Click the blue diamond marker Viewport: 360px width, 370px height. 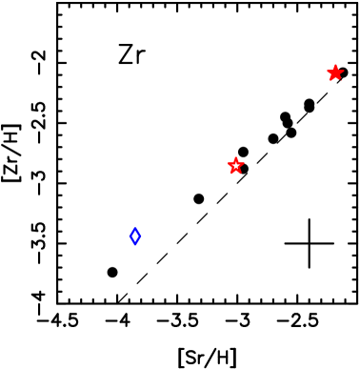coord(135,236)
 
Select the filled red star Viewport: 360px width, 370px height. coord(335,73)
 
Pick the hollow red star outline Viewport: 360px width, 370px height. coord(236,166)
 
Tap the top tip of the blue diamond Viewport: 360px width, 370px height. coord(135,227)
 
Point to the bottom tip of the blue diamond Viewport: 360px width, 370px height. coord(135,245)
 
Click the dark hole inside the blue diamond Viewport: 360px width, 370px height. coord(135,236)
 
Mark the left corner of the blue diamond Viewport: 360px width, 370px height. coord(130,236)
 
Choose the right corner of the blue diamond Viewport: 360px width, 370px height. coord(141,236)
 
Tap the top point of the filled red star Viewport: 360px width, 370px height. coord(335,65)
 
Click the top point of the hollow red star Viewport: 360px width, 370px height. coord(236,157)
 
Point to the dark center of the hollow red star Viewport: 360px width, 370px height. coord(236,166)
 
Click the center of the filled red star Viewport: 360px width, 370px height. coord(335,73)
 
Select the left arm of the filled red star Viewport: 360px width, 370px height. coord(327,71)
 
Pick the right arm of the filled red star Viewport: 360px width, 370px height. coord(344,71)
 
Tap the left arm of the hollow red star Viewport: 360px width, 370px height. coord(228,163)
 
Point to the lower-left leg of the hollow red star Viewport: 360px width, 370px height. coord(231,174)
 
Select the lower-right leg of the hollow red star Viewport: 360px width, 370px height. coord(241,174)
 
